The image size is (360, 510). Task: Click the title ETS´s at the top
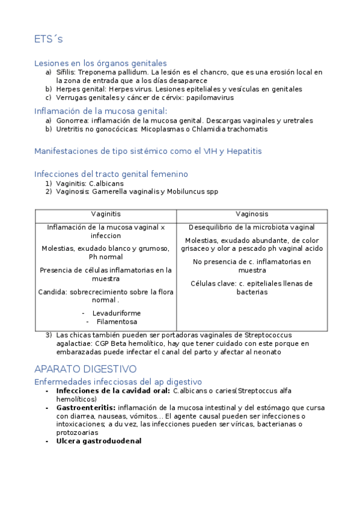(49, 40)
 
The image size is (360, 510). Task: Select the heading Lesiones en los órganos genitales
(100, 63)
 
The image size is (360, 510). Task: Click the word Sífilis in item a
(66, 72)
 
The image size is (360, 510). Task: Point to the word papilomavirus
(210, 97)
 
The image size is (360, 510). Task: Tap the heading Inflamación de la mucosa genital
(100, 111)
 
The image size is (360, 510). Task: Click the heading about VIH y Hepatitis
(148, 151)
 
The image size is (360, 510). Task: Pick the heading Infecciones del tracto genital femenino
(111, 174)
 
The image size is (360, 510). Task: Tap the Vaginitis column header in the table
(106, 214)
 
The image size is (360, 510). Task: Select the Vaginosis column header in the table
(252, 214)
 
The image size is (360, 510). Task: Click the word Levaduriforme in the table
(117, 313)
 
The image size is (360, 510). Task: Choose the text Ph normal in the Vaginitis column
(106, 257)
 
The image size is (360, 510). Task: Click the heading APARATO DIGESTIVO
(85, 369)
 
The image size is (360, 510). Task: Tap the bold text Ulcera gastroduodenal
(99, 441)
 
